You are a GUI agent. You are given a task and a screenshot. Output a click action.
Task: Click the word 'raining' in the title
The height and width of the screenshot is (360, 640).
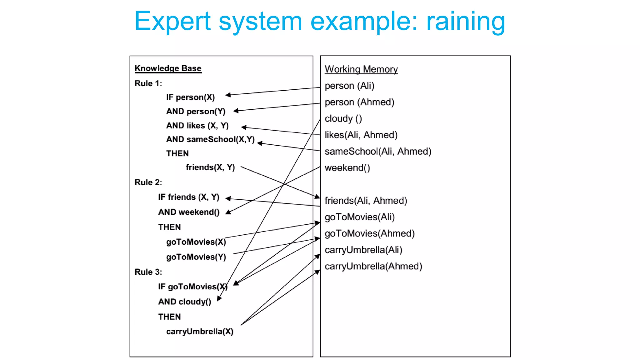pos(466,21)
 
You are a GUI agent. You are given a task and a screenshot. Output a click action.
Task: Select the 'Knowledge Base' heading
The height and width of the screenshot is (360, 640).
pos(168,68)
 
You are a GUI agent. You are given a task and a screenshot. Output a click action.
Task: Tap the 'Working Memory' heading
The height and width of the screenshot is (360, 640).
pos(361,69)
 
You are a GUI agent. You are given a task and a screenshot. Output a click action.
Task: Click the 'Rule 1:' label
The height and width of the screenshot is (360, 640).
pos(148,83)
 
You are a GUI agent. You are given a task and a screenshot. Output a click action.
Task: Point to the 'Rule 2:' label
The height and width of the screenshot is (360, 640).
pos(148,182)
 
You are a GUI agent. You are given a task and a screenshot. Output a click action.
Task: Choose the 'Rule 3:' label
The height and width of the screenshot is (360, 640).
pos(148,272)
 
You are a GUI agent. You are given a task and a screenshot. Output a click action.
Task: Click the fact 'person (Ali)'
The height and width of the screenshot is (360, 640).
pos(349,86)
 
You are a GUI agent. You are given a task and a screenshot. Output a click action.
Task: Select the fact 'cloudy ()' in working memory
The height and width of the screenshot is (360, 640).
pos(343,118)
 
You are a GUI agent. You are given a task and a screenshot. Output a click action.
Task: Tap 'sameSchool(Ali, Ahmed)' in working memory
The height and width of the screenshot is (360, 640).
pos(377,151)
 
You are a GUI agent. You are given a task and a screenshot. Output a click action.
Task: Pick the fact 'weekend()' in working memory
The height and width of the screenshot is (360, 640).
pos(347,168)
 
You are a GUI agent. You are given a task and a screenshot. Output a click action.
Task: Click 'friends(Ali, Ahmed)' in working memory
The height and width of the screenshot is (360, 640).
pos(366,201)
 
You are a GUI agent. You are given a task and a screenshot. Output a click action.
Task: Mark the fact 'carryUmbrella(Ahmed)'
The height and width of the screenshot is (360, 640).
pos(373,266)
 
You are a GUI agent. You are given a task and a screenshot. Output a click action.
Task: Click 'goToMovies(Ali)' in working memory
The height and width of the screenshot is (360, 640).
pos(359,217)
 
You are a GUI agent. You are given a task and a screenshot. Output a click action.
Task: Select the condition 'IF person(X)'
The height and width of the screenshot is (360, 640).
pos(190,97)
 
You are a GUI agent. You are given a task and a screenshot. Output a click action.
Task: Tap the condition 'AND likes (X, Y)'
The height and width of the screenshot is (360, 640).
pos(197,126)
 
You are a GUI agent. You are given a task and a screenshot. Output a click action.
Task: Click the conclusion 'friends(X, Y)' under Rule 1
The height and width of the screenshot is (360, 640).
pos(210,167)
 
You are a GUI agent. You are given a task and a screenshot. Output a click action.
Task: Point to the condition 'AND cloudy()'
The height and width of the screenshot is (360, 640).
pos(184,302)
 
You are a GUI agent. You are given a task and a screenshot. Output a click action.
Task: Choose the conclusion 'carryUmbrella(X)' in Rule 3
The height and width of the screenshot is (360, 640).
pos(200,331)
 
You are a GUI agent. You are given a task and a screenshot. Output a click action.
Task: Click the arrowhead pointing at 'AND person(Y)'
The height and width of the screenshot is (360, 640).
pos(236,111)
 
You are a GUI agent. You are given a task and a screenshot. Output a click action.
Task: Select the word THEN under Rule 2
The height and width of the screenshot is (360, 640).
pos(169,227)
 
